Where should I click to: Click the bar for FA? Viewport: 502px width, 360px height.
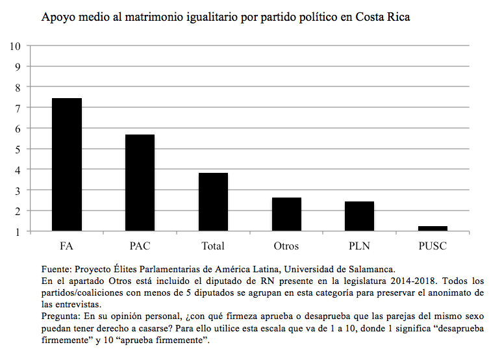(67, 164)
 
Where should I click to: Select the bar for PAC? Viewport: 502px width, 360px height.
(140, 183)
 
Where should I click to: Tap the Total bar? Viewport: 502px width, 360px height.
(213, 202)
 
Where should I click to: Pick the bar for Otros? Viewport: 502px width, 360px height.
(286, 214)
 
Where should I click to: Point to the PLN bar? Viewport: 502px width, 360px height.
(359, 216)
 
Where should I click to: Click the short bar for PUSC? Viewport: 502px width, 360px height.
(433, 229)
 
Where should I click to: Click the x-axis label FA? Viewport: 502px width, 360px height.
(67, 246)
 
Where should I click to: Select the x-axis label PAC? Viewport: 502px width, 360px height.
(140, 246)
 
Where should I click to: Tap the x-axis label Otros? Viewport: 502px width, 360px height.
(286, 246)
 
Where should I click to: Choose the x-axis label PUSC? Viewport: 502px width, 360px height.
(433, 246)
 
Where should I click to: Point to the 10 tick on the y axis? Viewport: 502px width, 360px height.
(16, 45)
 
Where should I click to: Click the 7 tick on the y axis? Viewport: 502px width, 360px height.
(18, 107)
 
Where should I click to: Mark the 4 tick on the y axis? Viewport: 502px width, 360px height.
(18, 170)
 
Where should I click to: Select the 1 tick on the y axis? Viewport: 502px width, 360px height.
(18, 231)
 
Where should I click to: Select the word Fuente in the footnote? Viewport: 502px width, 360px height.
(55, 269)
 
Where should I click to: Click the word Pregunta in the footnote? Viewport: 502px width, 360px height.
(60, 316)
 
